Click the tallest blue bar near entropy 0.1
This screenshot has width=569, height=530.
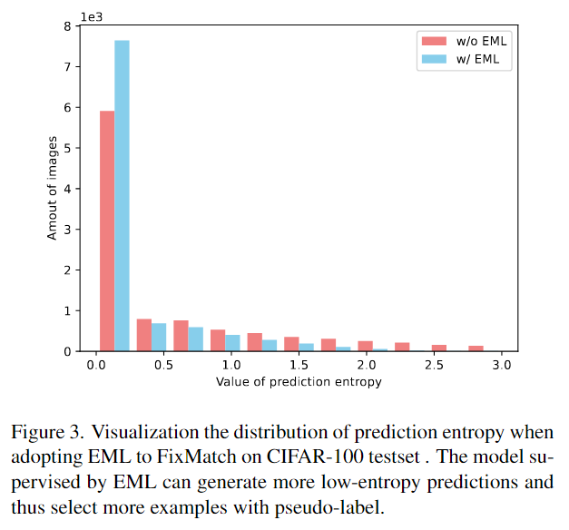click(122, 195)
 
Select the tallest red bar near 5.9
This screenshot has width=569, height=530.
click(107, 231)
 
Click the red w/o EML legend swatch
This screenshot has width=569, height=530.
click(431, 42)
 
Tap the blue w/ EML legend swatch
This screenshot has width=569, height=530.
click(431, 60)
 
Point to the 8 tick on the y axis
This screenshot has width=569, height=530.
click(80, 26)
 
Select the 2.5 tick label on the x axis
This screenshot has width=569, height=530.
click(434, 365)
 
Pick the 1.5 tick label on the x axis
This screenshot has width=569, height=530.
click(299, 365)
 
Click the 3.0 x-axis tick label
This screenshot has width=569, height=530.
click(502, 365)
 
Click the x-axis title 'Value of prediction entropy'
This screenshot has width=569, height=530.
click(299, 382)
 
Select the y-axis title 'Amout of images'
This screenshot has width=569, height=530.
click(53, 189)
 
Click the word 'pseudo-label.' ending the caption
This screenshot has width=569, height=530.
click(338, 506)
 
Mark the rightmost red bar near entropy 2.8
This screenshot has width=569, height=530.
click(476, 348)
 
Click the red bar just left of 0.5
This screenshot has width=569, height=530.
click(143, 335)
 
